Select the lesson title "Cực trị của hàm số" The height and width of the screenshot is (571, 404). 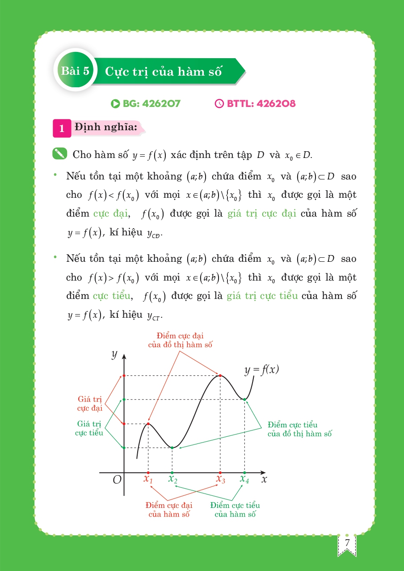point(163,72)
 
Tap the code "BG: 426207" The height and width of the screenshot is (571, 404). point(146,104)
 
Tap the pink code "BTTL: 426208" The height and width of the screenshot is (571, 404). point(256,104)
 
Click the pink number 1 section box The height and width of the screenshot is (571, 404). point(62,128)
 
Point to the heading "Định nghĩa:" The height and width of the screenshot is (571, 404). point(105,127)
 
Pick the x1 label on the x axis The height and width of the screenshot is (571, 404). point(148,479)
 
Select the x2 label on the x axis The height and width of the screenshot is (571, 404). point(173,479)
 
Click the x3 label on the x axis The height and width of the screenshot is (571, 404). point(220,479)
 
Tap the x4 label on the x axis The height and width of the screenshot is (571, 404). point(244,479)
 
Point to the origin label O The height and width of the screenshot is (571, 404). point(117,480)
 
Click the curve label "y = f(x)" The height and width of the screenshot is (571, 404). point(261,370)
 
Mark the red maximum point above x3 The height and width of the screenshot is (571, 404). point(220,375)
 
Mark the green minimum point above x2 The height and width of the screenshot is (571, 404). point(172,447)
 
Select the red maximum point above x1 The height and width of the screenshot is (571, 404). point(148,423)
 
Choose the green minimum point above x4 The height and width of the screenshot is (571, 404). point(244,399)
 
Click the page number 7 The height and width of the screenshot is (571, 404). point(347,543)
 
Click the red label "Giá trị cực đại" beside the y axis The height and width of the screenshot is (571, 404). point(90,403)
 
